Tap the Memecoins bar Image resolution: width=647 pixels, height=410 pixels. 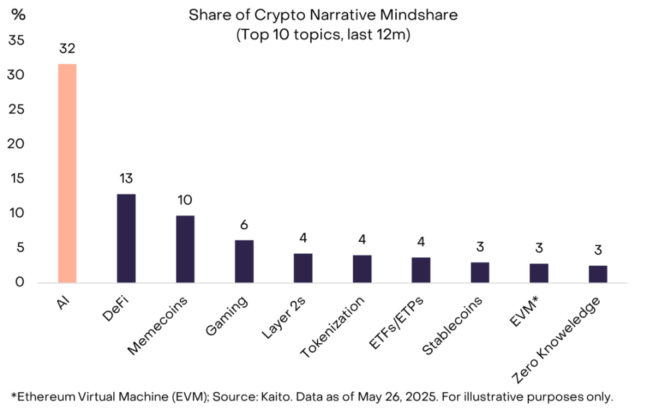click(x=185, y=249)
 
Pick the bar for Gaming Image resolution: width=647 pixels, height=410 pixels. click(x=244, y=261)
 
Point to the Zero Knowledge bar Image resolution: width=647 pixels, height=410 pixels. click(x=598, y=274)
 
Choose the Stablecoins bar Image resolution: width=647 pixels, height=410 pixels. click(x=480, y=272)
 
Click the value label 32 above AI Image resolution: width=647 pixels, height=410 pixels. click(x=67, y=48)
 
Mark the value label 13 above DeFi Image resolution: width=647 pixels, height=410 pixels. click(x=126, y=179)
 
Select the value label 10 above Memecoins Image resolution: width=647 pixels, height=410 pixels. click(x=185, y=199)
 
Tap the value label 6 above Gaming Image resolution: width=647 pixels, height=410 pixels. click(x=244, y=225)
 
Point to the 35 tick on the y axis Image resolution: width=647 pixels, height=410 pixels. click(x=17, y=41)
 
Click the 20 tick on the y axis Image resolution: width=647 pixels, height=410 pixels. click(x=17, y=144)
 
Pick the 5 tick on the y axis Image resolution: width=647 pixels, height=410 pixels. click(x=20, y=248)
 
